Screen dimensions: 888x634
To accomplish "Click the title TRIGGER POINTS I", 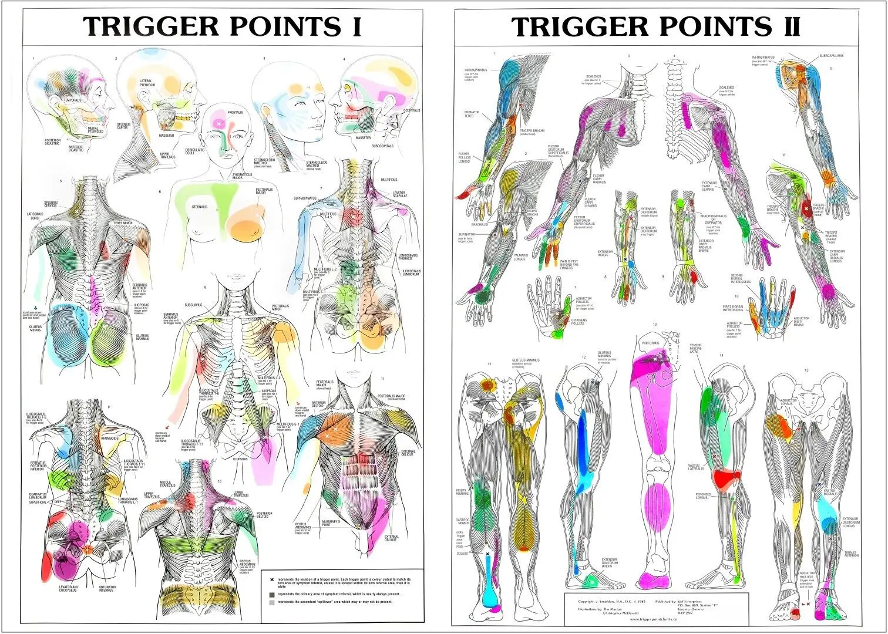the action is click(222, 27).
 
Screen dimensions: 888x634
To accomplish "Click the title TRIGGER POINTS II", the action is click(655, 27).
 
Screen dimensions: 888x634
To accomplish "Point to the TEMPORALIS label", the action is click(72, 100).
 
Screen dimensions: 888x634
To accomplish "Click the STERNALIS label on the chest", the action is click(200, 207).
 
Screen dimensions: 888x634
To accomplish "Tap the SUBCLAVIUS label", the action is click(193, 305).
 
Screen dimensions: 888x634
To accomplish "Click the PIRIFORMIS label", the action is click(650, 343).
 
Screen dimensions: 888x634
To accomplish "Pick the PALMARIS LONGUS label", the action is click(520, 257).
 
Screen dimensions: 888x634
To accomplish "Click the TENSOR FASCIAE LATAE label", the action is click(695, 348).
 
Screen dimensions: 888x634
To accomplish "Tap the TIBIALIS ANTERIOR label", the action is click(850, 554).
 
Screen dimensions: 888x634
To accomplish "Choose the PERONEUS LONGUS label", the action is click(703, 496).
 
